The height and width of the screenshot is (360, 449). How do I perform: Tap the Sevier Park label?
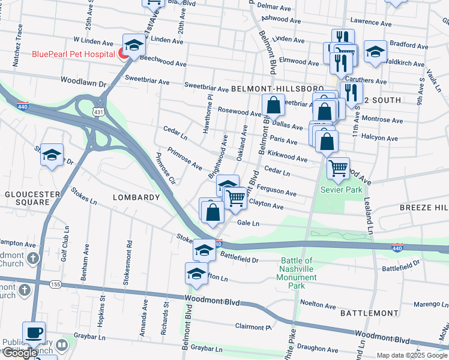[x=342, y=190]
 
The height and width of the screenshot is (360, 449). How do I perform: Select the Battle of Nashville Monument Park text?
[x=297, y=273]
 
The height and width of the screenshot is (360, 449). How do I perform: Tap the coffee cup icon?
[x=34, y=333]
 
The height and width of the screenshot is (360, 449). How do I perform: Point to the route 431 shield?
[x=98, y=112]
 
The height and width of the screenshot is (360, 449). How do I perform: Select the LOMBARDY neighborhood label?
[x=136, y=197]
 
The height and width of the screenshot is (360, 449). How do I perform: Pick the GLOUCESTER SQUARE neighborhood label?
[x=32, y=198]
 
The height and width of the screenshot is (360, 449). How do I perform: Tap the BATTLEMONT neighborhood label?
[x=369, y=313]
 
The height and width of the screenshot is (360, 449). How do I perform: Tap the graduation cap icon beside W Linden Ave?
[x=134, y=44]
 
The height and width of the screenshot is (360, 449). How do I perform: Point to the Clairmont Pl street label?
[x=253, y=327]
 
